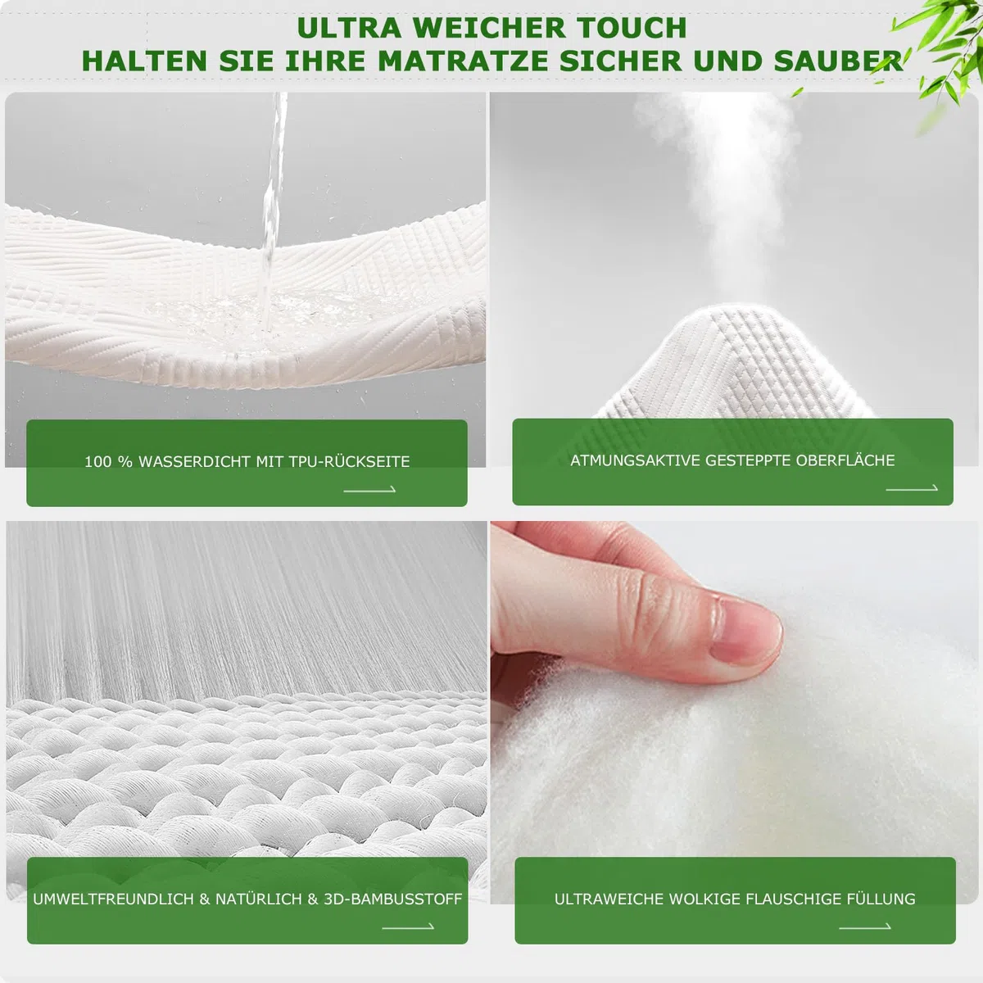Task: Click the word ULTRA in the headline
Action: click(349, 28)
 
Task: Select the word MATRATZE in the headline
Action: click(463, 61)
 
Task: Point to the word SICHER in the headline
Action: click(620, 61)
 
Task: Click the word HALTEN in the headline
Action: click(144, 61)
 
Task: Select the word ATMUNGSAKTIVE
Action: click(636, 460)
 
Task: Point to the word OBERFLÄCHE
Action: click(845, 460)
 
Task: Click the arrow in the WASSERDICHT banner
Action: click(369, 490)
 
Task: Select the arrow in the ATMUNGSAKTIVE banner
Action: click(912, 488)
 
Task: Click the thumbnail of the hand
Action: click(745, 632)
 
